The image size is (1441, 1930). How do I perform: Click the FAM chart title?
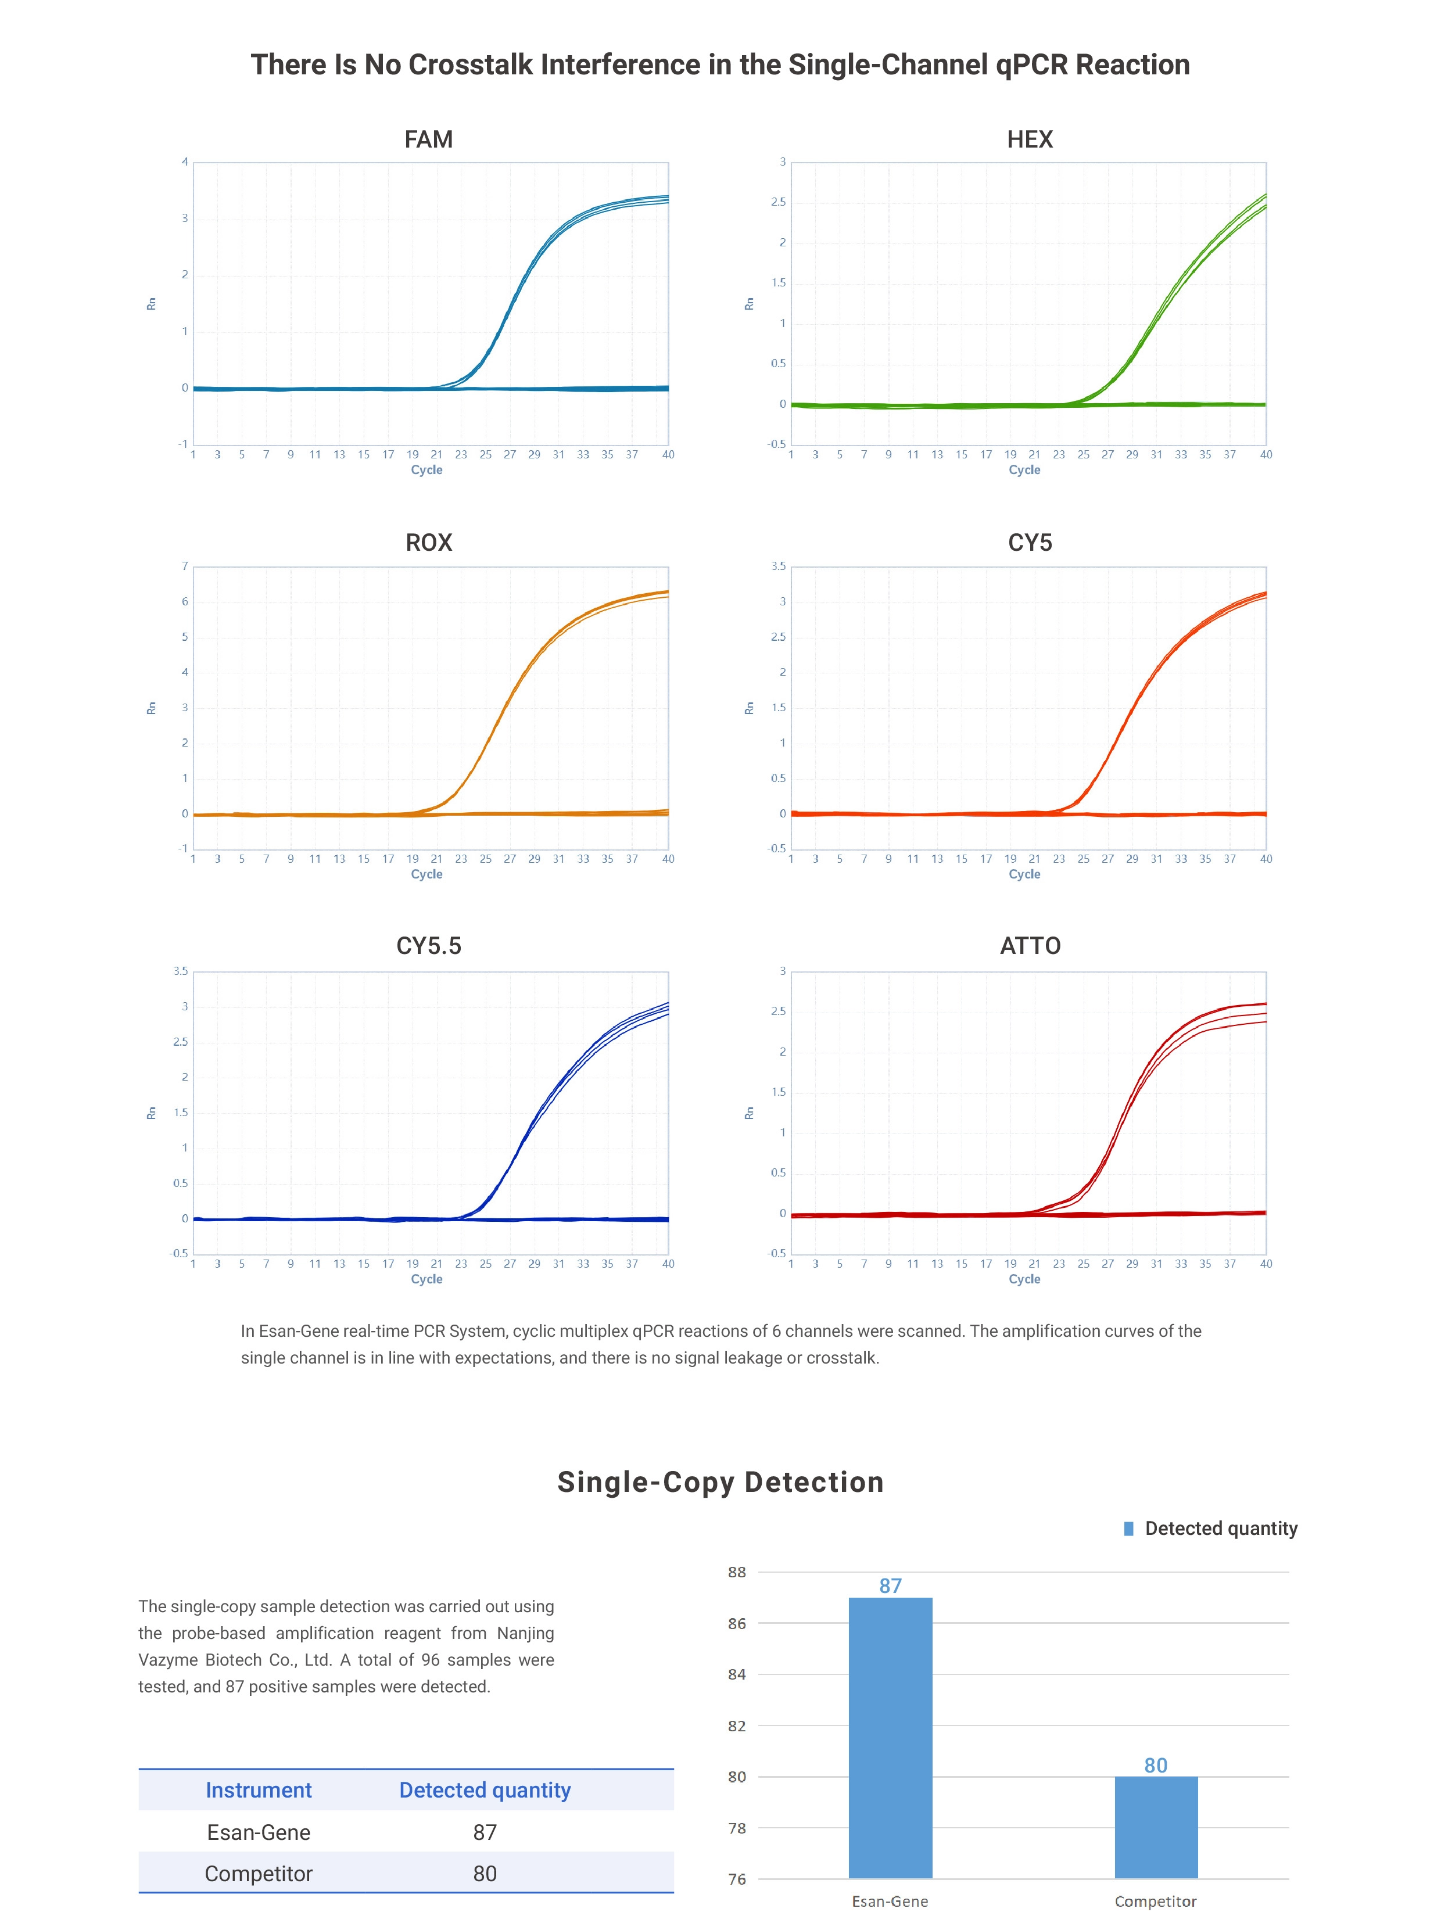428,139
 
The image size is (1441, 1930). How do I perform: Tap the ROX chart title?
428,543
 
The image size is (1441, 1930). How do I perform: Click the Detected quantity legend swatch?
1129,1529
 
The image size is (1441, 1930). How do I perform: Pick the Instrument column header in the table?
258,1791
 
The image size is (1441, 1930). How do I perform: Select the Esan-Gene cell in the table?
258,1832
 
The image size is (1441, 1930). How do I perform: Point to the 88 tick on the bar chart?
737,1573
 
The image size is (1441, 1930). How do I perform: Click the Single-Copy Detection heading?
720,1483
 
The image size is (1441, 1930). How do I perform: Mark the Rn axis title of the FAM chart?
151,303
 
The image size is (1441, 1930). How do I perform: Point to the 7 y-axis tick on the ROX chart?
185,566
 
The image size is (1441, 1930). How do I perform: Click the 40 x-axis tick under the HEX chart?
1266,454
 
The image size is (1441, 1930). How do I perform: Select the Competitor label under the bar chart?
1155,1901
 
